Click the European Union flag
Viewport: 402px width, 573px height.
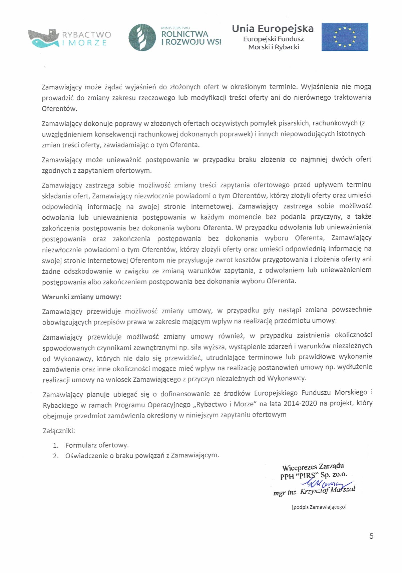(344, 37)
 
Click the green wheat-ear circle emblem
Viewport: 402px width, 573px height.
(142, 37)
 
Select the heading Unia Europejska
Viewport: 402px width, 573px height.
(273, 29)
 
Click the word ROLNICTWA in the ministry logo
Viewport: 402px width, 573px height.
(184, 34)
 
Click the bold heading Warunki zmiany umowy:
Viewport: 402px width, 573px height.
(82, 297)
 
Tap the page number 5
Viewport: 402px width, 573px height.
(371, 536)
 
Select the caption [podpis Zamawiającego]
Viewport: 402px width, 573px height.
(319, 507)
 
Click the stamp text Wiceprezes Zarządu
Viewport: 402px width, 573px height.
(313, 467)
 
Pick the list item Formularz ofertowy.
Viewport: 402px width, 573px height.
(97, 445)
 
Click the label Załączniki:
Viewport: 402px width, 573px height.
(59, 431)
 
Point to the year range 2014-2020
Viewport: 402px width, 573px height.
(300, 404)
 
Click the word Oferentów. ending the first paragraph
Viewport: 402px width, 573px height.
(60, 109)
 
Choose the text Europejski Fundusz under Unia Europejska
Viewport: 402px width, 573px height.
(273, 39)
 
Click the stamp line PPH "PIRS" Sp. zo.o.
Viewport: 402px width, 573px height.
(314, 475)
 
